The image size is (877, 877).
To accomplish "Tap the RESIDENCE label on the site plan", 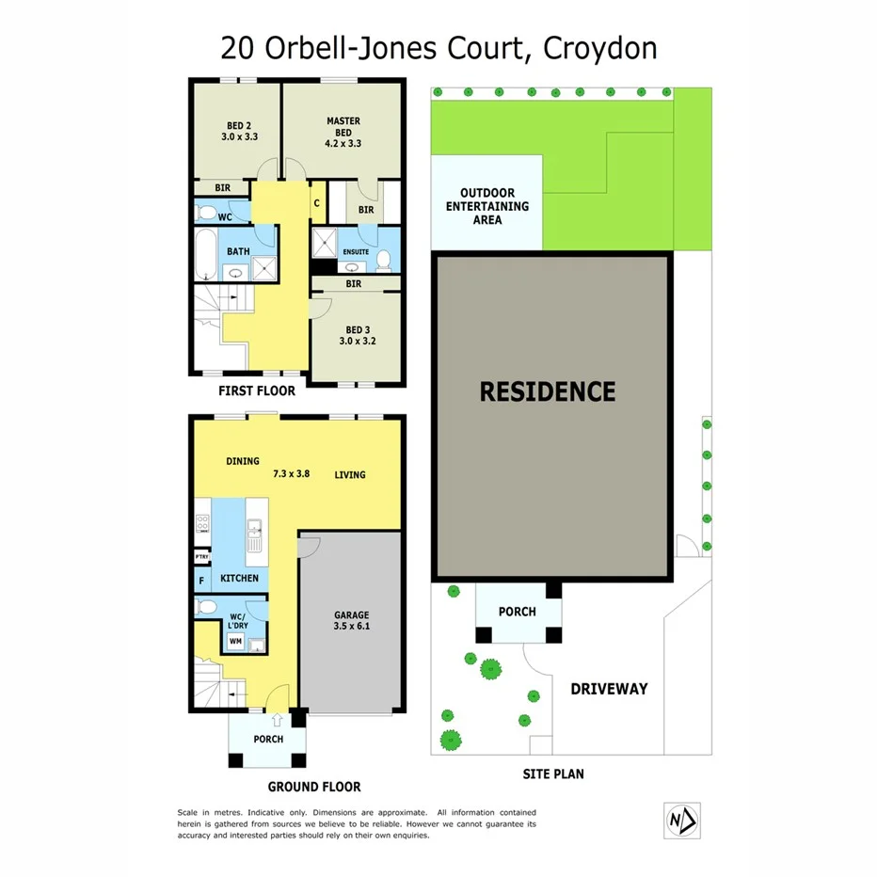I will click(x=548, y=391).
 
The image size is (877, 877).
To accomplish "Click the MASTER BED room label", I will click(x=343, y=133).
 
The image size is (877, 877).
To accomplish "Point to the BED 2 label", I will click(x=239, y=131).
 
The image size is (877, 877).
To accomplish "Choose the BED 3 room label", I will click(x=357, y=335).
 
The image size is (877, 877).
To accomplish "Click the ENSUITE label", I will click(x=356, y=252).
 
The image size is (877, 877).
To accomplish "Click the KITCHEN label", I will click(x=239, y=577).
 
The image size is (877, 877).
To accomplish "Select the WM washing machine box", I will click(x=234, y=641).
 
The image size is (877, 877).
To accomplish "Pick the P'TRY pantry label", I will click(x=201, y=557).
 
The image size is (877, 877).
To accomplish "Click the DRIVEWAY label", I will click(x=609, y=689).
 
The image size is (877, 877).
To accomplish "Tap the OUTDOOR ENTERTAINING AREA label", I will click(x=487, y=206).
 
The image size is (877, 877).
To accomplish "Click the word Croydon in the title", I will click(x=599, y=48).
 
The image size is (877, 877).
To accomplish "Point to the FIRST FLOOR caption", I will click(x=257, y=391).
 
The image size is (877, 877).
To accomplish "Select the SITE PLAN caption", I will click(x=553, y=774).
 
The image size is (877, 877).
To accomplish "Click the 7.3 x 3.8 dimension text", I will click(x=292, y=474).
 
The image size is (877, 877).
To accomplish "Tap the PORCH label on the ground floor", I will click(x=268, y=740).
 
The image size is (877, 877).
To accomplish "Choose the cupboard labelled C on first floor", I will click(x=317, y=203).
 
